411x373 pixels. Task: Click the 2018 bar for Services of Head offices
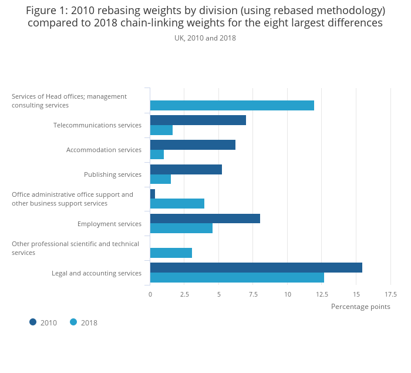point(232,106)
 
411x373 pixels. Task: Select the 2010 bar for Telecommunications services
point(198,120)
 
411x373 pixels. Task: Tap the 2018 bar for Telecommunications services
point(161,130)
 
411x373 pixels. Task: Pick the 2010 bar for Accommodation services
point(193,145)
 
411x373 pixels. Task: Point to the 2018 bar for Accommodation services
point(157,154)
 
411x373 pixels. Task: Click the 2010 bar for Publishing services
point(186,170)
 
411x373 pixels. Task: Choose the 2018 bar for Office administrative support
point(177,204)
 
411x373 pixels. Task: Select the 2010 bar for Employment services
point(205,219)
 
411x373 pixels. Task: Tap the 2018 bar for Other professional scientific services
point(171,253)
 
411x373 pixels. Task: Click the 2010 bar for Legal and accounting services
point(256,268)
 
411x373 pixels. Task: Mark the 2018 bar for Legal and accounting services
point(237,278)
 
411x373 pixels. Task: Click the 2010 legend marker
point(33,322)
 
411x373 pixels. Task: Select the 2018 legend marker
point(73,322)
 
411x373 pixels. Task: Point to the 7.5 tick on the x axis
point(253,294)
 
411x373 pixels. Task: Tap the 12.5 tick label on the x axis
point(322,294)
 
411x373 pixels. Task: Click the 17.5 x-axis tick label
point(390,294)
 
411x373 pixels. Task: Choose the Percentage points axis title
point(361,307)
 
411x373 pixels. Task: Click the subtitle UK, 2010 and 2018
point(205,38)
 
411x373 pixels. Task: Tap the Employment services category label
point(109,224)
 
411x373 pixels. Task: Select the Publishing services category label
point(113,174)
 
